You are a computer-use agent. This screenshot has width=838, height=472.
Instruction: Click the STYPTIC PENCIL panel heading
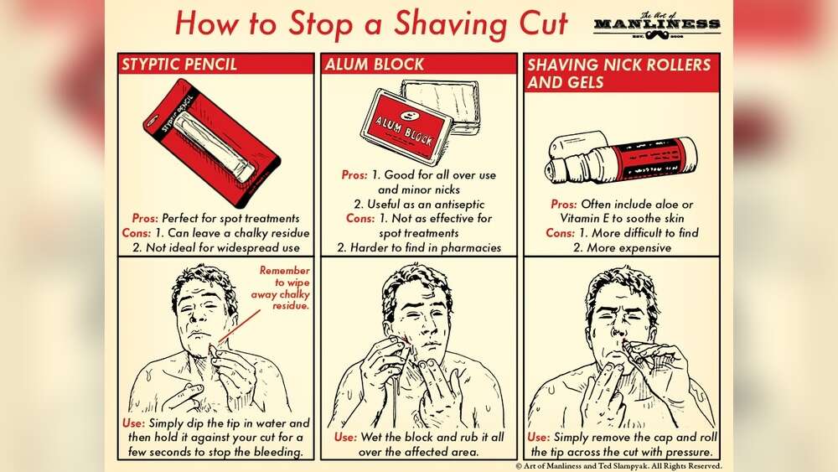(x=179, y=65)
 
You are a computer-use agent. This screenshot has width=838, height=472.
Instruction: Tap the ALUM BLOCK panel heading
(x=374, y=65)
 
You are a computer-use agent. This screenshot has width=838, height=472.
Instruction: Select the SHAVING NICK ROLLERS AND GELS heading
(x=619, y=73)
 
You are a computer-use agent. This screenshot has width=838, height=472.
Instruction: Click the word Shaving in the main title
(x=453, y=23)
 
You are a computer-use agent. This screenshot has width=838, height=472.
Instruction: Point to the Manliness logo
(x=657, y=25)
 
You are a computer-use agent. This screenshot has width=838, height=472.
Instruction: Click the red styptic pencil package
(x=212, y=143)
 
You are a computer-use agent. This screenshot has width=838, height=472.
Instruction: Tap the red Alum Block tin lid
(x=403, y=126)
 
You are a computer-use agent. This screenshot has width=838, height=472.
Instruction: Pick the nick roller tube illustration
(x=620, y=157)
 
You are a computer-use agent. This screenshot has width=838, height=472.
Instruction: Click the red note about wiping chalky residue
(x=281, y=288)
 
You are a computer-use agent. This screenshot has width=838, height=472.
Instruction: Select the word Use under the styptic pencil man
(x=132, y=423)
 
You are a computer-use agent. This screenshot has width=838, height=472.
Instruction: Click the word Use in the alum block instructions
(x=344, y=437)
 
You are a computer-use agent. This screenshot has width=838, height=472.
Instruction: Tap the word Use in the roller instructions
(x=538, y=437)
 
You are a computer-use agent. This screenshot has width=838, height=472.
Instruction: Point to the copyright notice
(x=618, y=466)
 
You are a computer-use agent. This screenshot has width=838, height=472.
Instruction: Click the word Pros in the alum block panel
(x=354, y=174)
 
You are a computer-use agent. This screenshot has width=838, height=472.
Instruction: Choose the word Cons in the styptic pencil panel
(x=137, y=233)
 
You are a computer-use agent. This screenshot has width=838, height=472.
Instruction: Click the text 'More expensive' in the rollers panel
(x=629, y=247)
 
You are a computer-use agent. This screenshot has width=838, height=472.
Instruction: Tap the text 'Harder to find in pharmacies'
(x=426, y=247)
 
